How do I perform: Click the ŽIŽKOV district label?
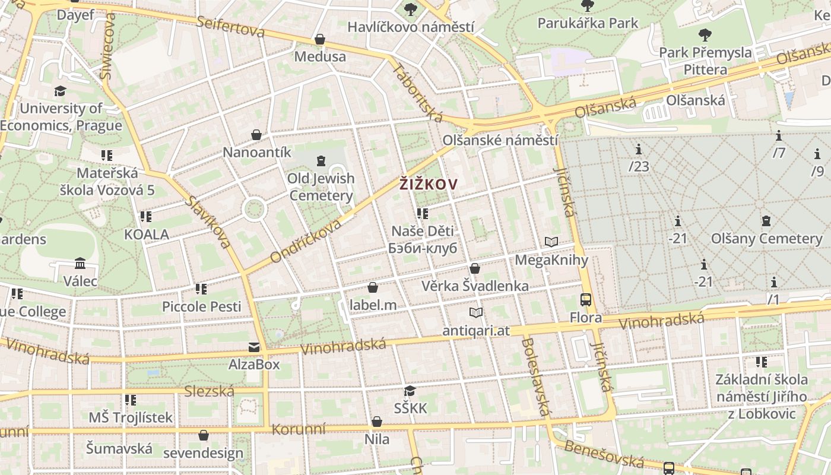tap(428, 185)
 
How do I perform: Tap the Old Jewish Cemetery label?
tap(321, 186)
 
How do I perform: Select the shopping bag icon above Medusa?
tap(320, 39)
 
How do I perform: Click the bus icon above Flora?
tap(586, 300)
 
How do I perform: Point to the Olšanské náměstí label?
tap(500, 141)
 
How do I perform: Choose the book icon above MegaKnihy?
tap(551, 242)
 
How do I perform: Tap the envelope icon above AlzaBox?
tap(254, 347)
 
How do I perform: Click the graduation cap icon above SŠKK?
tap(410, 391)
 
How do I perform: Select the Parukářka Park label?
tap(588, 23)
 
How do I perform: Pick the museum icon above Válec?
tap(80, 263)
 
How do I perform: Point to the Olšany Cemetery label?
tap(767, 239)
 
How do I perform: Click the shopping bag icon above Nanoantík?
tap(256, 135)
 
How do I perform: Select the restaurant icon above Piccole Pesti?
tap(201, 289)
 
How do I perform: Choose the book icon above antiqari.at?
tap(475, 312)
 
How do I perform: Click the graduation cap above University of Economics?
tap(60, 91)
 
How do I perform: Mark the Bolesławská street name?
tap(537, 376)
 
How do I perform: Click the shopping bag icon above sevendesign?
tap(204, 435)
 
